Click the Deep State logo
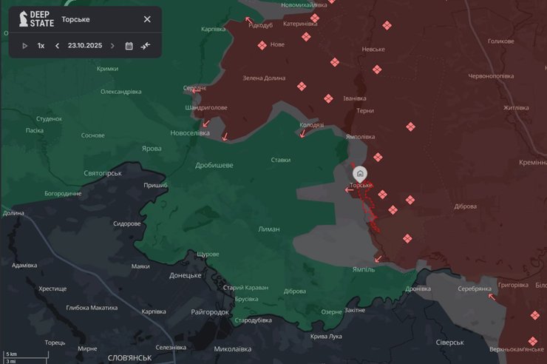point(35,19)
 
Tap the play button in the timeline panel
point(24,46)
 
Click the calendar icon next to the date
point(129,46)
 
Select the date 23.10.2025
point(84,46)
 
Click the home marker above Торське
point(360,173)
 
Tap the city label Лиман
point(268,229)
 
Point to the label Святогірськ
point(103,173)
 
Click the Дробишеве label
point(214,165)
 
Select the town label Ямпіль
point(363,269)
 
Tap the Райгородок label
point(210,312)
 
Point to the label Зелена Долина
point(264,78)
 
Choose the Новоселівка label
point(190,133)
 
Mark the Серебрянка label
point(475,289)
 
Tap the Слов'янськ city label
point(129,357)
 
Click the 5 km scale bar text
point(11,354)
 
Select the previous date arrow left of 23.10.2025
point(57,46)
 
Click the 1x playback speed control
point(41,46)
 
